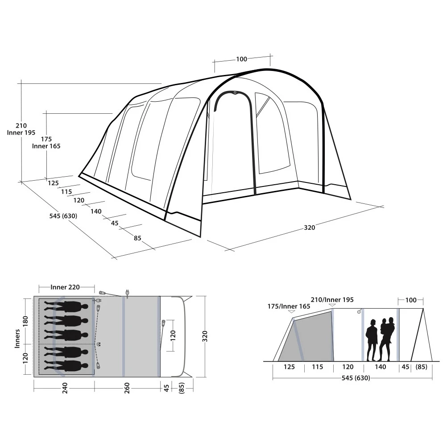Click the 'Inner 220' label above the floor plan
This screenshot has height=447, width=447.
(65, 287)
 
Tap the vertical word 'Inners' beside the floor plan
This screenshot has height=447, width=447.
(17, 339)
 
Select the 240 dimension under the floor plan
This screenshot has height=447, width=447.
(65, 388)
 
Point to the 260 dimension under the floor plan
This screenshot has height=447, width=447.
(127, 388)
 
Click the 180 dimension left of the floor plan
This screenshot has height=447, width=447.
(25, 321)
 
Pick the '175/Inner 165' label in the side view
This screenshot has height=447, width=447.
(289, 306)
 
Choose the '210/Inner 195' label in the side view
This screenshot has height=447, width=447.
(332, 300)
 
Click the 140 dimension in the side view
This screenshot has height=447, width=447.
(380, 367)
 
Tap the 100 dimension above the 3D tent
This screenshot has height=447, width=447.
(241, 59)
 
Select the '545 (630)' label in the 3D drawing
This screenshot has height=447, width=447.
(63, 216)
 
